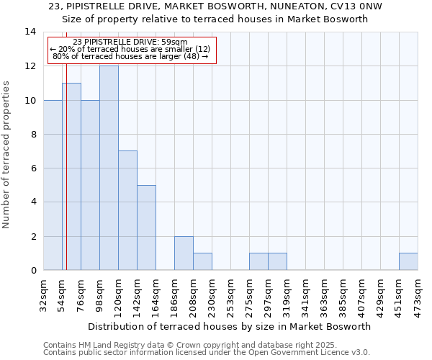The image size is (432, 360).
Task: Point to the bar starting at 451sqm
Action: (x=408, y=261)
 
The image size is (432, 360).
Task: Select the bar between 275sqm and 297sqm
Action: (x=258, y=261)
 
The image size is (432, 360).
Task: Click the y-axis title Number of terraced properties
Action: (x=6, y=155)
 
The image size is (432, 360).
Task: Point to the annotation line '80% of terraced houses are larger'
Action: (x=130, y=56)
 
